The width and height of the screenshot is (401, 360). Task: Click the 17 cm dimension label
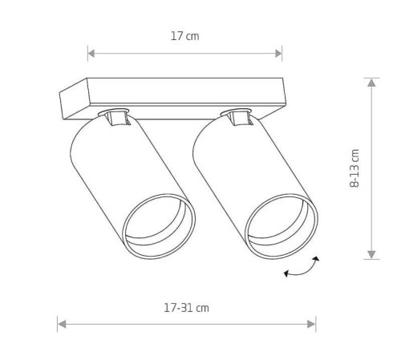tap(184, 36)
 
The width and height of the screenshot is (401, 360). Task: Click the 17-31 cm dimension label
tap(186, 308)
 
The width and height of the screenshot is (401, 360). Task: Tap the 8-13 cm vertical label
tap(354, 168)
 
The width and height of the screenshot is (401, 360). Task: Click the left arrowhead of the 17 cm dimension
tap(91, 54)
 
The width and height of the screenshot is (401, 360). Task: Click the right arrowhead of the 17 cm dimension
tap(278, 54)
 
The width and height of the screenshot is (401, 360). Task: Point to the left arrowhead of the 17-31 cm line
tap(62, 325)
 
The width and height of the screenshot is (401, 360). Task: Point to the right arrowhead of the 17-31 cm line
tap(311, 325)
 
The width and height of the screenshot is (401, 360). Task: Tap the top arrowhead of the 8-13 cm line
tap(371, 83)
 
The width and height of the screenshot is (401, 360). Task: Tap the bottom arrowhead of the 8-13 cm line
tap(371, 255)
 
